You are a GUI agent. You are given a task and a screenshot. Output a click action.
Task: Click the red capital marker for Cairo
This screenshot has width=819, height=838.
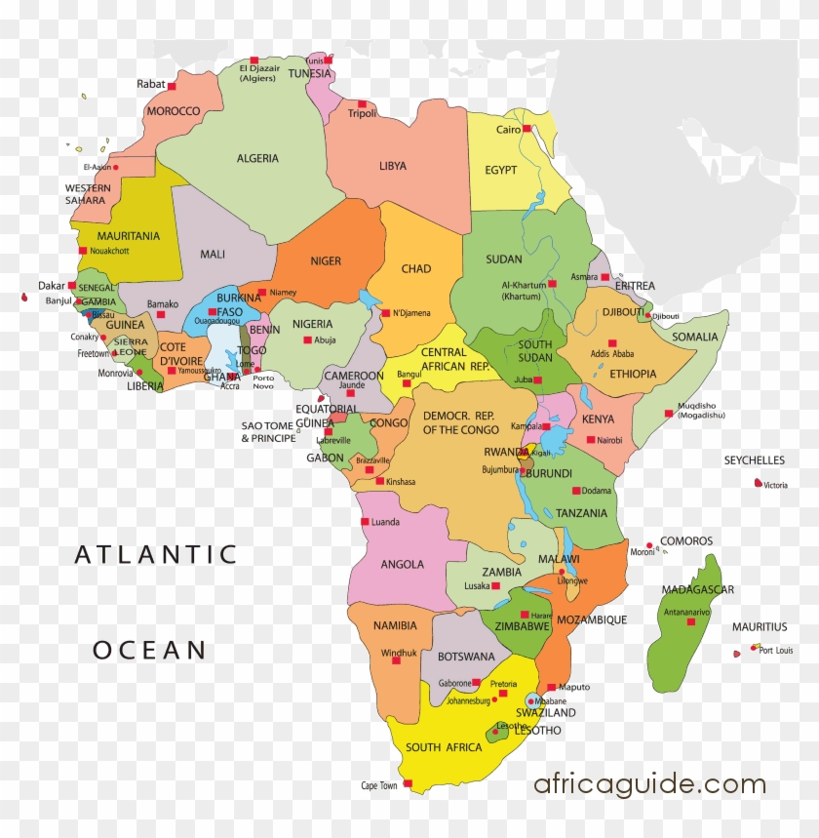(x=526, y=129)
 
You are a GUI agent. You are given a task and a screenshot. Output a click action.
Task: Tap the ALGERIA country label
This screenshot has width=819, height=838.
(x=257, y=158)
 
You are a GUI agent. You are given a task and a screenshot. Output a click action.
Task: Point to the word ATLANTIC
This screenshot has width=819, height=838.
(x=156, y=555)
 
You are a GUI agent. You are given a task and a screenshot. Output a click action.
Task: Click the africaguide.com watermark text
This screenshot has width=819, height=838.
(x=649, y=784)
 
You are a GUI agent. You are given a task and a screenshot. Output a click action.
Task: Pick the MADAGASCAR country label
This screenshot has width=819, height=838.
(x=697, y=589)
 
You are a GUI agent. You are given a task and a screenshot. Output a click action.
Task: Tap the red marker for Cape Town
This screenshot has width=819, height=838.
(x=408, y=783)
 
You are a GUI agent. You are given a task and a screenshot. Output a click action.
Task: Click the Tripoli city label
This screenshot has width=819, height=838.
(x=362, y=114)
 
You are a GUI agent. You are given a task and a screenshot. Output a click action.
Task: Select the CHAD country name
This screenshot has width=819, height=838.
(x=415, y=269)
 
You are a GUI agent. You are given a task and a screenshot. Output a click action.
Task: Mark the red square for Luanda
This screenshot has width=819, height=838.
(x=366, y=522)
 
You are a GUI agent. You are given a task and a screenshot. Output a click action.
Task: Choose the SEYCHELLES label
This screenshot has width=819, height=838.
(x=754, y=460)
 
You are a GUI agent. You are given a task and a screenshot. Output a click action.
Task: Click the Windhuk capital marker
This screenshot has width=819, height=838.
(x=396, y=660)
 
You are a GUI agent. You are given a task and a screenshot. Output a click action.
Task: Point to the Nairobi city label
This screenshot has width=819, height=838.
(x=609, y=440)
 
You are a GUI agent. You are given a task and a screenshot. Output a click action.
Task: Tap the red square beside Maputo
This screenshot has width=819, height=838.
(x=551, y=687)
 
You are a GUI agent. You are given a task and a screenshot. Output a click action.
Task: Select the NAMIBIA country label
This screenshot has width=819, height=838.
(x=395, y=625)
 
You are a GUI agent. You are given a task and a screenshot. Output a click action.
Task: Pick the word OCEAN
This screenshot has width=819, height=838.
(x=149, y=650)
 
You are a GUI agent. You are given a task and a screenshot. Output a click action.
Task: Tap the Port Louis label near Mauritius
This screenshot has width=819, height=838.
(x=776, y=651)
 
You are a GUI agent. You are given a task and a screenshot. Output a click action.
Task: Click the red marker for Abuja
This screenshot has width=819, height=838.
(x=307, y=339)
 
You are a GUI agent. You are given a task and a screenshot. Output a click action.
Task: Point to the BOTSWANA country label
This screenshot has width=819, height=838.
(x=466, y=657)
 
